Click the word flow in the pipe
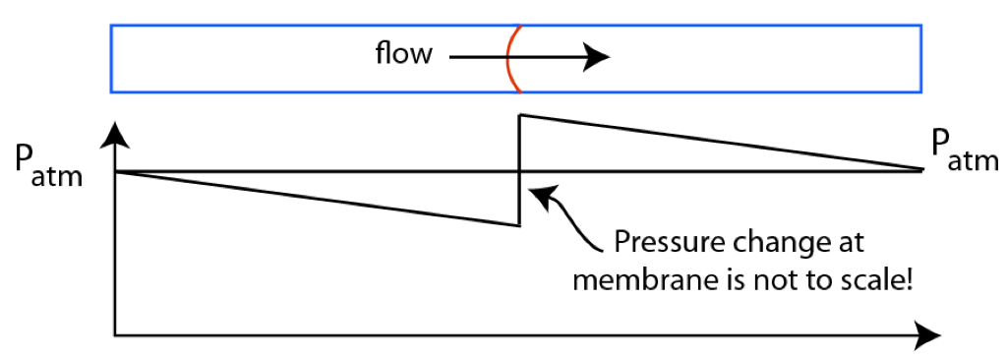coord(404,54)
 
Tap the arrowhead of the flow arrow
coord(597,58)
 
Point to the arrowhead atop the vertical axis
coord(115,134)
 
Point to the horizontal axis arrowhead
coord(926,334)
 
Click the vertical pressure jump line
coord(519,170)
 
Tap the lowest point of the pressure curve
coord(519,225)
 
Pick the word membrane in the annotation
coord(636,280)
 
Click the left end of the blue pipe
coord(111,58)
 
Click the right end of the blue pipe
coord(920,58)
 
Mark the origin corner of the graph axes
coord(115,335)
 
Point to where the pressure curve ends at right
coord(922,170)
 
